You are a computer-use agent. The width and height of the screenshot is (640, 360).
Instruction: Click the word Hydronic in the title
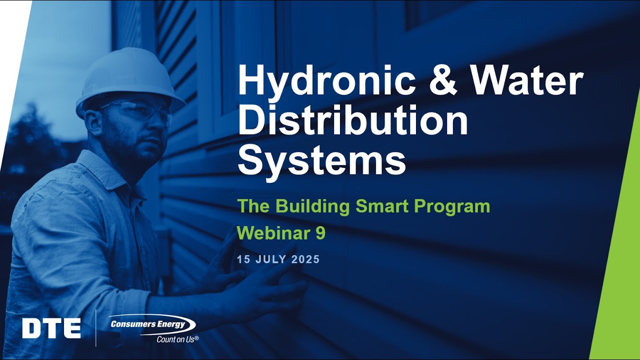click(x=320, y=82)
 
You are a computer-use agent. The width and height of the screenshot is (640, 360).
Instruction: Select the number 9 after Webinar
click(x=320, y=233)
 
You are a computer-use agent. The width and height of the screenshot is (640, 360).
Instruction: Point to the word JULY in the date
click(x=270, y=260)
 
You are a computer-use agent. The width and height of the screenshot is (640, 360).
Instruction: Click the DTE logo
click(x=51, y=328)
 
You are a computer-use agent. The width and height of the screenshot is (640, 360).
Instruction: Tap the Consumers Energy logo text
click(x=148, y=324)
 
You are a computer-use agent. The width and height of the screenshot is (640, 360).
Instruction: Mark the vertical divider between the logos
click(x=96, y=327)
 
